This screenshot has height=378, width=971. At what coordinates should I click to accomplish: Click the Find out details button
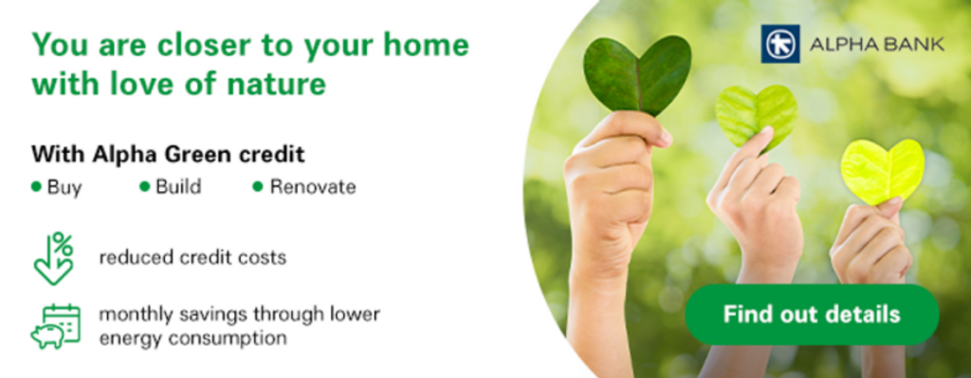812,314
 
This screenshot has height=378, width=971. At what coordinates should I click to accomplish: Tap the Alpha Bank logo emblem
780,44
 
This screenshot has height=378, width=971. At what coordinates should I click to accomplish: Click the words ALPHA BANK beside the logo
877,44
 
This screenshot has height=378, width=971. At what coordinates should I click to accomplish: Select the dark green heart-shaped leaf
637,74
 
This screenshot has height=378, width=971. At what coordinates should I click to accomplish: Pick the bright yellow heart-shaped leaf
883,171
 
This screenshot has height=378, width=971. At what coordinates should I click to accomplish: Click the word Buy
64,187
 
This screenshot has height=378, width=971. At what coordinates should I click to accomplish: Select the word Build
178,186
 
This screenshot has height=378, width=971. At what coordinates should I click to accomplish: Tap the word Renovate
313,186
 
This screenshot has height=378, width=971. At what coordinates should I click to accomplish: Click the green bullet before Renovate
258,186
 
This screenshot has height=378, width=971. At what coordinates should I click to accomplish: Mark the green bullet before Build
145,186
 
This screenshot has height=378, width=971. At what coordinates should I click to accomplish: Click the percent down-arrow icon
54,258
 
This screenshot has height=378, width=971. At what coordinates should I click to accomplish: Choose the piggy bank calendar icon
56,327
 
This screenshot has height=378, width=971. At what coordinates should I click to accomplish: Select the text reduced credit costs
192,257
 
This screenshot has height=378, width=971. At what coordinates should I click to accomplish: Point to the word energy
131,339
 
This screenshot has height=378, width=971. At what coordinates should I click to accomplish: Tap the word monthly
135,314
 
